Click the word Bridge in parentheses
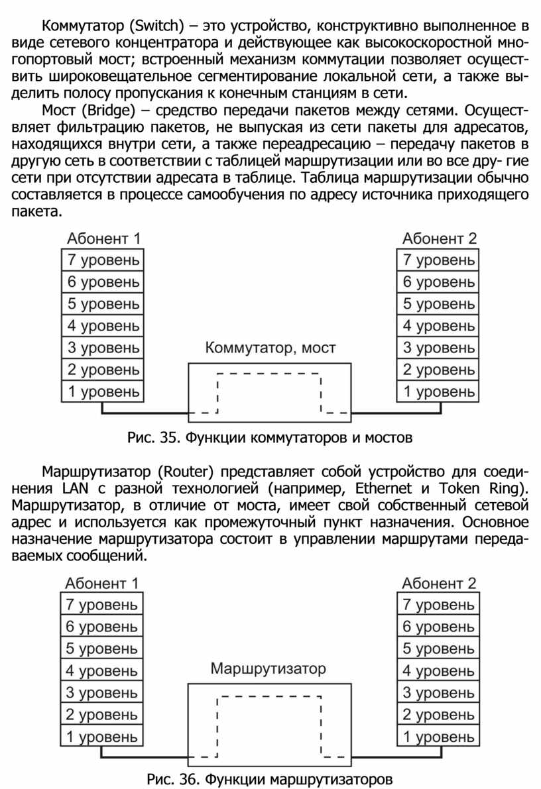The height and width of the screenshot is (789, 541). pos(112,109)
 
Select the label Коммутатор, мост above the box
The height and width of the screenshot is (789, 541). pos(270,348)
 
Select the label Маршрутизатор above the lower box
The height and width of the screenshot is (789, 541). pos(269,668)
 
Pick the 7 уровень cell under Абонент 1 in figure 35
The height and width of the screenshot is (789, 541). pos(103,260)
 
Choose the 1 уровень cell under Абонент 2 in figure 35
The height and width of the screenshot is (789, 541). pos(438,392)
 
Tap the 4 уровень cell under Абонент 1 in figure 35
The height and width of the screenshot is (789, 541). pos(103,326)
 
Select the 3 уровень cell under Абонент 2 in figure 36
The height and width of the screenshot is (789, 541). pos(438,693)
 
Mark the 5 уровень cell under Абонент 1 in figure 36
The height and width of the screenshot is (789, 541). pos(101,649)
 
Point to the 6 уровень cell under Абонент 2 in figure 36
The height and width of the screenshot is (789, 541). pos(438,626)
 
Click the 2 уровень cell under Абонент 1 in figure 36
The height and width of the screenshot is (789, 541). pos(101,715)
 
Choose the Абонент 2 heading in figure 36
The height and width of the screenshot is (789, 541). pos(439,584)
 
